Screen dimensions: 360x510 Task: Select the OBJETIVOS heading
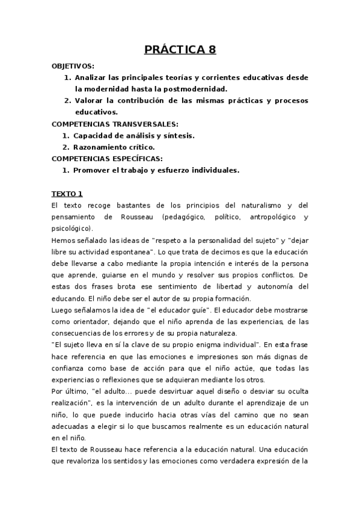coord(73,66)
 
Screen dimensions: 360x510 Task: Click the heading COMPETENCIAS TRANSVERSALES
coord(107,123)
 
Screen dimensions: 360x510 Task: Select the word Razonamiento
coord(100,147)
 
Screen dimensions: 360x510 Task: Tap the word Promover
coord(92,170)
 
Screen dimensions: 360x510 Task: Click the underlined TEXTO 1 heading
coord(67,194)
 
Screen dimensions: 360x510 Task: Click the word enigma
coord(202,345)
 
